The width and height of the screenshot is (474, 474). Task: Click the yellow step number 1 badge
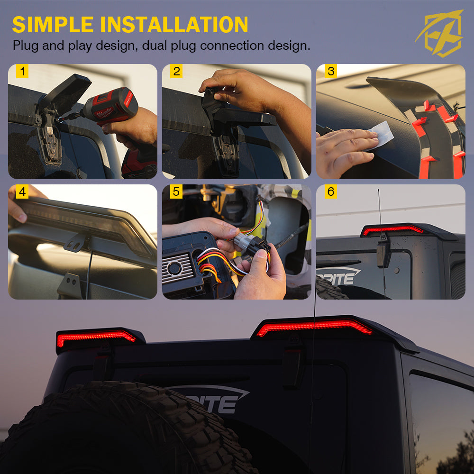(x=22, y=72)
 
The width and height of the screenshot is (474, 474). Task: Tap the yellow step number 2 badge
(x=176, y=72)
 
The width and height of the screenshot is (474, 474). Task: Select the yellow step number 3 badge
(x=331, y=72)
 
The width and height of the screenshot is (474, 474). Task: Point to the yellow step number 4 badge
(x=22, y=191)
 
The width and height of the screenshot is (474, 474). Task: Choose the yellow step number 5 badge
(x=176, y=191)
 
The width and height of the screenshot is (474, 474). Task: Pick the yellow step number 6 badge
(x=331, y=191)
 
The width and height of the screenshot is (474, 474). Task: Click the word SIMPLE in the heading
(x=53, y=25)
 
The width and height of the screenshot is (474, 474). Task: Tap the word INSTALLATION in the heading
(x=174, y=25)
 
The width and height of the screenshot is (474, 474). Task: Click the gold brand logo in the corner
(x=440, y=33)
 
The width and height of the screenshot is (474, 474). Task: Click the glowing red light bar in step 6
(x=392, y=229)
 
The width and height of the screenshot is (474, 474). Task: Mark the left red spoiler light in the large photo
(x=96, y=338)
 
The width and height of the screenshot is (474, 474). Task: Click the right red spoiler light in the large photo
(x=314, y=327)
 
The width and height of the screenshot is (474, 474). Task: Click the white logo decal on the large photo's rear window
(x=211, y=399)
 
